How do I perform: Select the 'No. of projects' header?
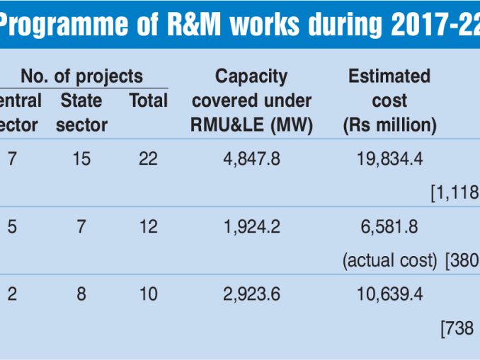[81, 76]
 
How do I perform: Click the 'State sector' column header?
[81, 112]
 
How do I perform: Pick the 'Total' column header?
[148, 100]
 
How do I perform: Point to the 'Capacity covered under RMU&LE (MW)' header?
[251, 100]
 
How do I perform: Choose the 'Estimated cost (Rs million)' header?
[389, 100]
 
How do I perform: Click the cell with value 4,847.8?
[251, 159]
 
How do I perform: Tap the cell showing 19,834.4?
[389, 159]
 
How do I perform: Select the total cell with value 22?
[148, 159]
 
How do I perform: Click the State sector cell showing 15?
[81, 159]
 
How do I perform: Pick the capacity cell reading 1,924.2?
[251, 228]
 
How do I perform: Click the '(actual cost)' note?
[389, 261]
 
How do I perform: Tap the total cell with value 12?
[148, 228]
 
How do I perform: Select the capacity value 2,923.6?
[251, 294]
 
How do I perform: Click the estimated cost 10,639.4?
[389, 294]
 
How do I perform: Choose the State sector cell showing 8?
[81, 294]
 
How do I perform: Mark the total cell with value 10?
[148, 294]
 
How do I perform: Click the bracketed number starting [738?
[458, 328]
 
